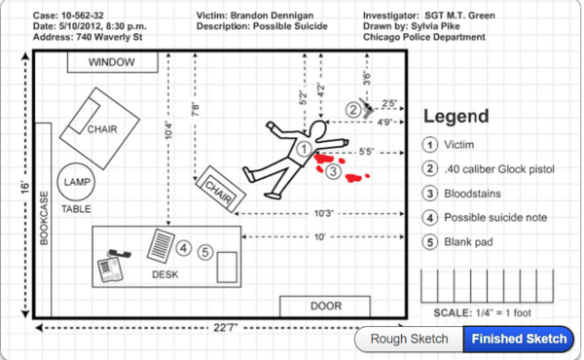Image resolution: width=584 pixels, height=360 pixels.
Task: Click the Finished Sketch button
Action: point(519,339)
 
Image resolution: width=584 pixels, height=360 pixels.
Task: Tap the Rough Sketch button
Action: point(409,339)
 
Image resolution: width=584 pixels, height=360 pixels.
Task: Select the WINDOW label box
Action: point(113,62)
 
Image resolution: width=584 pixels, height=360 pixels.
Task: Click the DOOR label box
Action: point(325,306)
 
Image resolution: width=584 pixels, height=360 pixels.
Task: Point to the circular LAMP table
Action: point(76,182)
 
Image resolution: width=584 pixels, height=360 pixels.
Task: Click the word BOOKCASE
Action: point(44,218)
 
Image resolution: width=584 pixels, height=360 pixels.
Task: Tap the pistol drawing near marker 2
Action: point(367,108)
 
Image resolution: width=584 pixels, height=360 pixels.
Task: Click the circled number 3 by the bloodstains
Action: point(333,171)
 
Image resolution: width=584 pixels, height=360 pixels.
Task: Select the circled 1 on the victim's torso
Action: point(304,149)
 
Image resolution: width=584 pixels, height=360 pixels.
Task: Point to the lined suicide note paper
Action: point(161,246)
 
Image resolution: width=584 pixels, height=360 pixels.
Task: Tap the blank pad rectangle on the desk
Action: point(227,267)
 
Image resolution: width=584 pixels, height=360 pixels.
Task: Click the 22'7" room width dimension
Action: point(226,328)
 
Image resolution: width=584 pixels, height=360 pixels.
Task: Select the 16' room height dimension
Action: point(24,187)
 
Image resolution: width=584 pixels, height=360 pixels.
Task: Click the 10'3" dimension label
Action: point(323,214)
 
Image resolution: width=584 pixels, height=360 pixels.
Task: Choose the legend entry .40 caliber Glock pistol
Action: point(499,169)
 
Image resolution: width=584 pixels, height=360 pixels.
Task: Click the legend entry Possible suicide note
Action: point(495,217)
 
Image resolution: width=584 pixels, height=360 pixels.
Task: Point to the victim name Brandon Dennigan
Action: point(272,16)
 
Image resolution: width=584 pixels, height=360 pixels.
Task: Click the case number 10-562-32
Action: point(83,16)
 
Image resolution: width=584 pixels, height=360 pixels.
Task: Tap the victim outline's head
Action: point(317,129)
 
